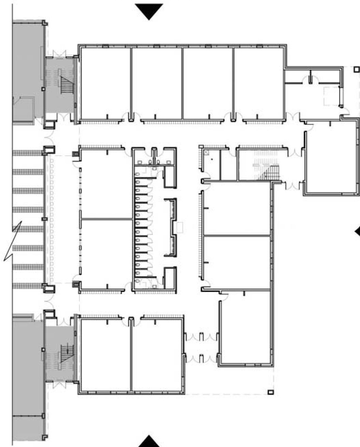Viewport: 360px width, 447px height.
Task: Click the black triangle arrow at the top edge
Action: pyautogui.click(x=149, y=11)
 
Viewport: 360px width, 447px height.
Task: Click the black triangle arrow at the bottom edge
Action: pyautogui.click(x=149, y=441)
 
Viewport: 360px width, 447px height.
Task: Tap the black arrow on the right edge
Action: pyautogui.click(x=357, y=232)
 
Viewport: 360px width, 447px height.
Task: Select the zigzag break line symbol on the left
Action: pyautogui.click(x=13, y=241)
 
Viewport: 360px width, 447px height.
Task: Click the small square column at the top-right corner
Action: pyautogui.click(x=357, y=69)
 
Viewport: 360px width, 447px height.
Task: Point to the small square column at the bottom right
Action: pyautogui.click(x=270, y=392)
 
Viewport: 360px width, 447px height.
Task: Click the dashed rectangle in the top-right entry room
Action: pyautogui.click(x=331, y=96)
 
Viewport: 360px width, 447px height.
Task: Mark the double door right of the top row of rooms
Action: pyautogui.click(x=292, y=116)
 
